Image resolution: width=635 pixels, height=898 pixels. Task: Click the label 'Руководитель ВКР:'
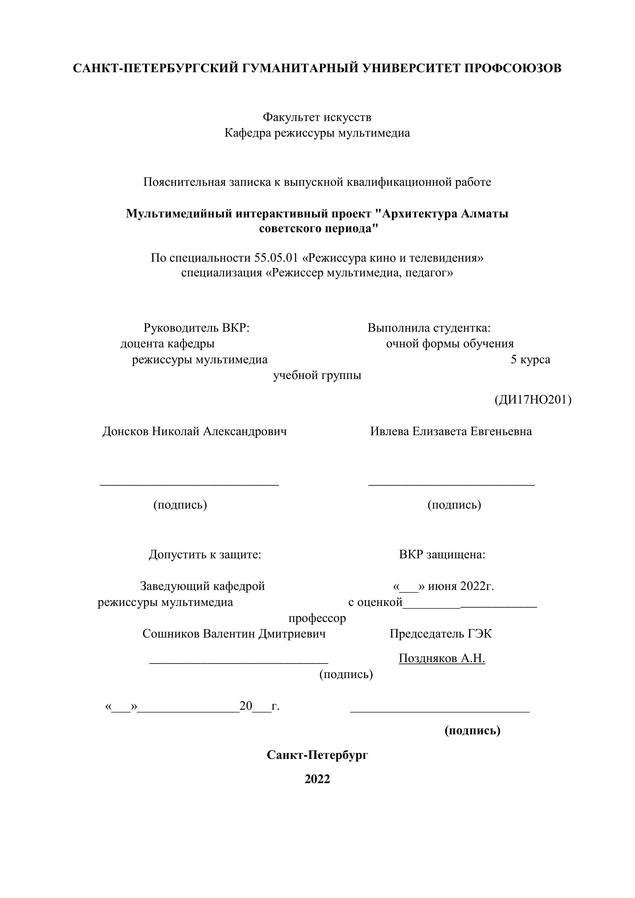[x=196, y=328]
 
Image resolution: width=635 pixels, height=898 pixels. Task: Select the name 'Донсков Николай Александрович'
[x=194, y=431]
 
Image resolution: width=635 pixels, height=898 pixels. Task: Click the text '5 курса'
[x=530, y=359]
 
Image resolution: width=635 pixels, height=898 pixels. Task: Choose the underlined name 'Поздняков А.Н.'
[x=442, y=659]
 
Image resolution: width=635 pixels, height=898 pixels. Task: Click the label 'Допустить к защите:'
[x=205, y=555]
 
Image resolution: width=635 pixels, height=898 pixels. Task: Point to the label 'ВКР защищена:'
[x=442, y=555]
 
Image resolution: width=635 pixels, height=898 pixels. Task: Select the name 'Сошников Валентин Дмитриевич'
[x=234, y=634]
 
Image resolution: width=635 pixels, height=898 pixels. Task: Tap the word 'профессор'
[x=317, y=618]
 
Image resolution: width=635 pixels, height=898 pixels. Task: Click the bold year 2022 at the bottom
[x=317, y=779]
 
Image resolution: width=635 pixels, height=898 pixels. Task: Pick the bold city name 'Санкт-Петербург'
[x=317, y=755]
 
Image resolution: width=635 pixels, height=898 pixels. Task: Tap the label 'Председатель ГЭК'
[x=441, y=634]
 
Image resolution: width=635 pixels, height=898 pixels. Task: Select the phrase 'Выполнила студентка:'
[x=429, y=328]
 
